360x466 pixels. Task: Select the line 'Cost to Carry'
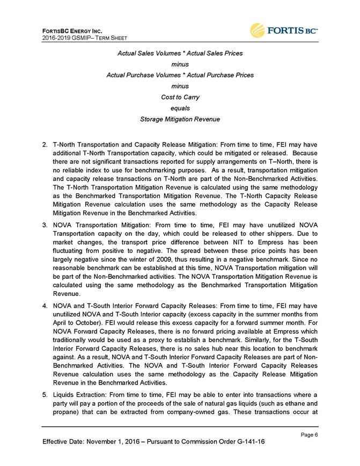click(180, 97)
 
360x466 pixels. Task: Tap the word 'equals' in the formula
click(180, 108)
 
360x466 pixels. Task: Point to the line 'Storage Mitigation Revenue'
click(180, 119)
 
